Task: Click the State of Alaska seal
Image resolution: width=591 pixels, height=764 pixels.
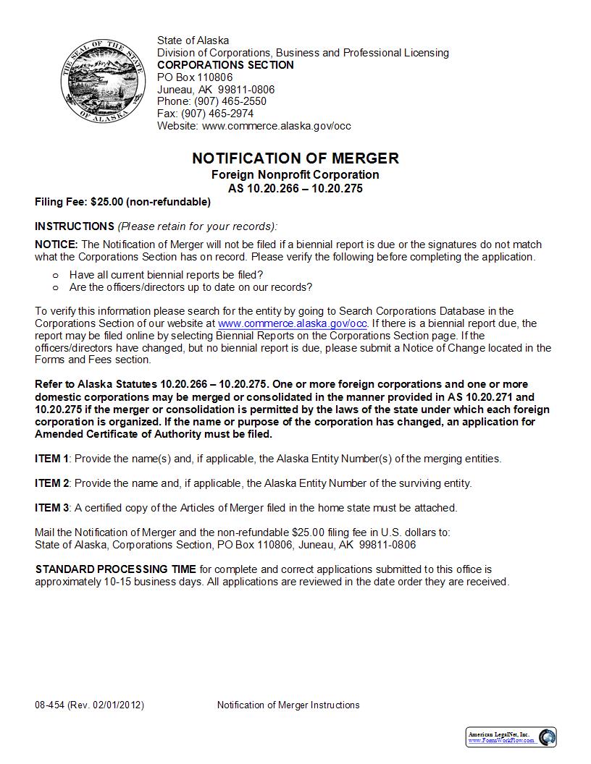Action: pos(96,81)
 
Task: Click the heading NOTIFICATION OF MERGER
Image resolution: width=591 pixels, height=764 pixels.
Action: pos(295,158)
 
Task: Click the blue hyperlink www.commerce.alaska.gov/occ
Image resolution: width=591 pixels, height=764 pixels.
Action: pos(293,323)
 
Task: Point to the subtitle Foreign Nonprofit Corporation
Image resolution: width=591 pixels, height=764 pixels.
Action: pos(295,175)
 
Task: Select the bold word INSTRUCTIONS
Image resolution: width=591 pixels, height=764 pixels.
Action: pos(74,226)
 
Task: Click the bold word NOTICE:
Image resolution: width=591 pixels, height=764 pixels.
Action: pos(56,245)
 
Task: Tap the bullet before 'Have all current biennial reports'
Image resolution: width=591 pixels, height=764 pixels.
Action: pos(56,275)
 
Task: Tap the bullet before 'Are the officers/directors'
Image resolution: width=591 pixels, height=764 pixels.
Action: pos(56,287)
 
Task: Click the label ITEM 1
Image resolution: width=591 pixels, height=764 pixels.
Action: pos(52,459)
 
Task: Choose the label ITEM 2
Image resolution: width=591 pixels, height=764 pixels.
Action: pos(52,483)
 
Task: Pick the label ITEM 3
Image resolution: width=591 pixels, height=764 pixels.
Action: pos(52,508)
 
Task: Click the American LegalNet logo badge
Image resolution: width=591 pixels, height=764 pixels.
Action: pos(511,737)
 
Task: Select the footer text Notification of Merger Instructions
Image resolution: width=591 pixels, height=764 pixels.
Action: pos(288,705)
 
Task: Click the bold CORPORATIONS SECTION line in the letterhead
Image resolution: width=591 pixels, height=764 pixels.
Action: pos(225,65)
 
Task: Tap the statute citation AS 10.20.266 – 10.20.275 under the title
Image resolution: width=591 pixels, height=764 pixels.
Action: pos(295,189)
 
